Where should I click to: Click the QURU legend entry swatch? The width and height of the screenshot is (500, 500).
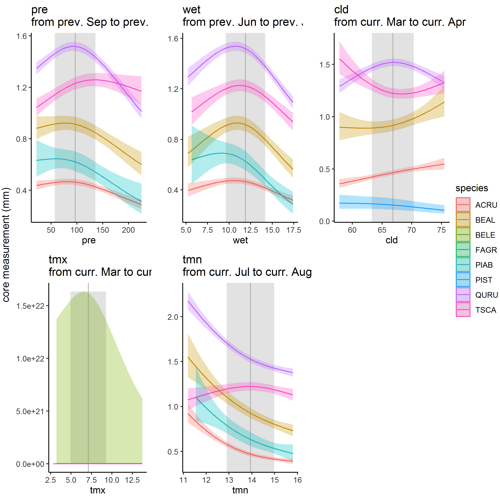click(x=463, y=295)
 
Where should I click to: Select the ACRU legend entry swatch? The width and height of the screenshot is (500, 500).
click(x=463, y=205)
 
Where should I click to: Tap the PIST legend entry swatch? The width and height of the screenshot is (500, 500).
click(x=463, y=280)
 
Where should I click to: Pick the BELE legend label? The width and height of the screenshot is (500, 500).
click(x=485, y=235)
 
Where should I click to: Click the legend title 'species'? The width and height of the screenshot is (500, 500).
click(x=471, y=188)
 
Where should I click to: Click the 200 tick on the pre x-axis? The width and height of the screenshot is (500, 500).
click(x=128, y=230)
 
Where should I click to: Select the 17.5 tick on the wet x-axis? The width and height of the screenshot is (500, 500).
click(x=294, y=230)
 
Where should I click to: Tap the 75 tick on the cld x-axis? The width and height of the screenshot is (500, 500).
click(x=441, y=230)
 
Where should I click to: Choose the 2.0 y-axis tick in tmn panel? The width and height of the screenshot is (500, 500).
click(x=173, y=317)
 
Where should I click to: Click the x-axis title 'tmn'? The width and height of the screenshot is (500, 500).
click(x=240, y=490)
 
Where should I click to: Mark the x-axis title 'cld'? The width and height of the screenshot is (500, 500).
click(x=391, y=240)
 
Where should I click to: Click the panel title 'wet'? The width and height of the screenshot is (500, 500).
click(x=191, y=10)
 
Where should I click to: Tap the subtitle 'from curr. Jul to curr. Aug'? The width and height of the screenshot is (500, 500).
click(x=247, y=272)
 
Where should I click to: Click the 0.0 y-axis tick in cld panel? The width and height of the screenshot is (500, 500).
click(x=324, y=221)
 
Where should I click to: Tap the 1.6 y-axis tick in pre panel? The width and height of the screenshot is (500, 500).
click(x=21, y=36)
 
